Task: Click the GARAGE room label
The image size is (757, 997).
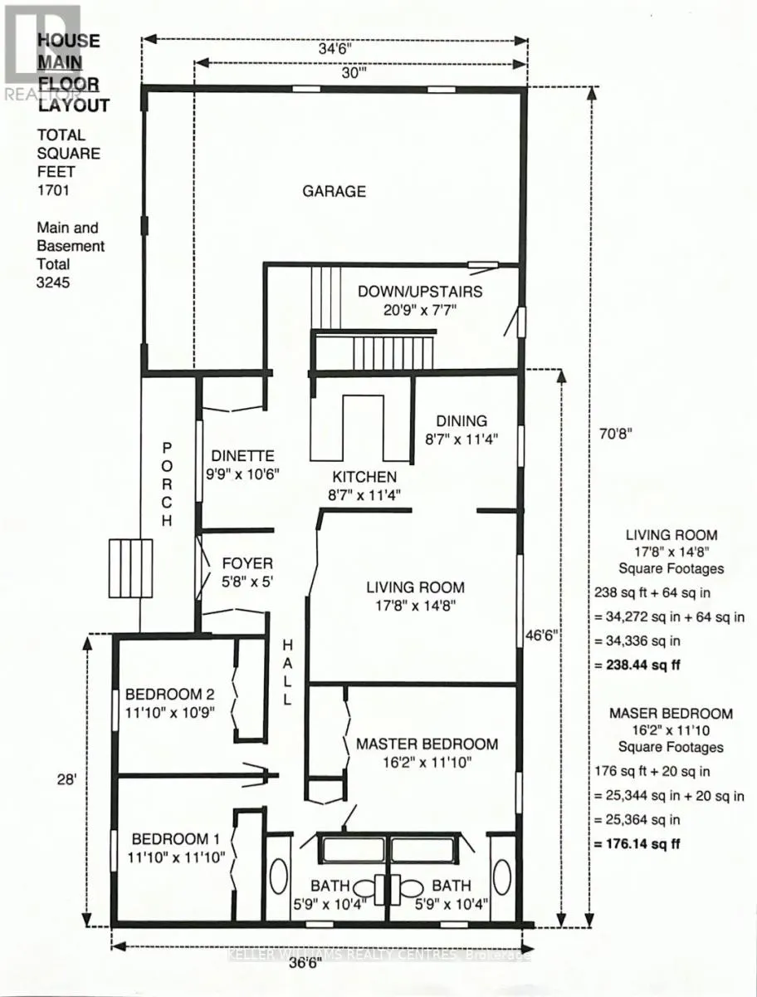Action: point(334,191)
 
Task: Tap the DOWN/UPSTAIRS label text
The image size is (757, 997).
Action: point(419,292)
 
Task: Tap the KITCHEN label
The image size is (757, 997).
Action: point(364,477)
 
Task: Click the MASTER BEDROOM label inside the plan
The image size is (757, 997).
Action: point(427,744)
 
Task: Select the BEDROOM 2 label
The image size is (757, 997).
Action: point(164,694)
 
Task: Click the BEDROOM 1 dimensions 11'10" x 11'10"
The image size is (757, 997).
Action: point(175,858)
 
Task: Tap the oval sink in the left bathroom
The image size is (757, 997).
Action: point(277,878)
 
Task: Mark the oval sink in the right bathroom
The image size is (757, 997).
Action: point(501,878)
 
